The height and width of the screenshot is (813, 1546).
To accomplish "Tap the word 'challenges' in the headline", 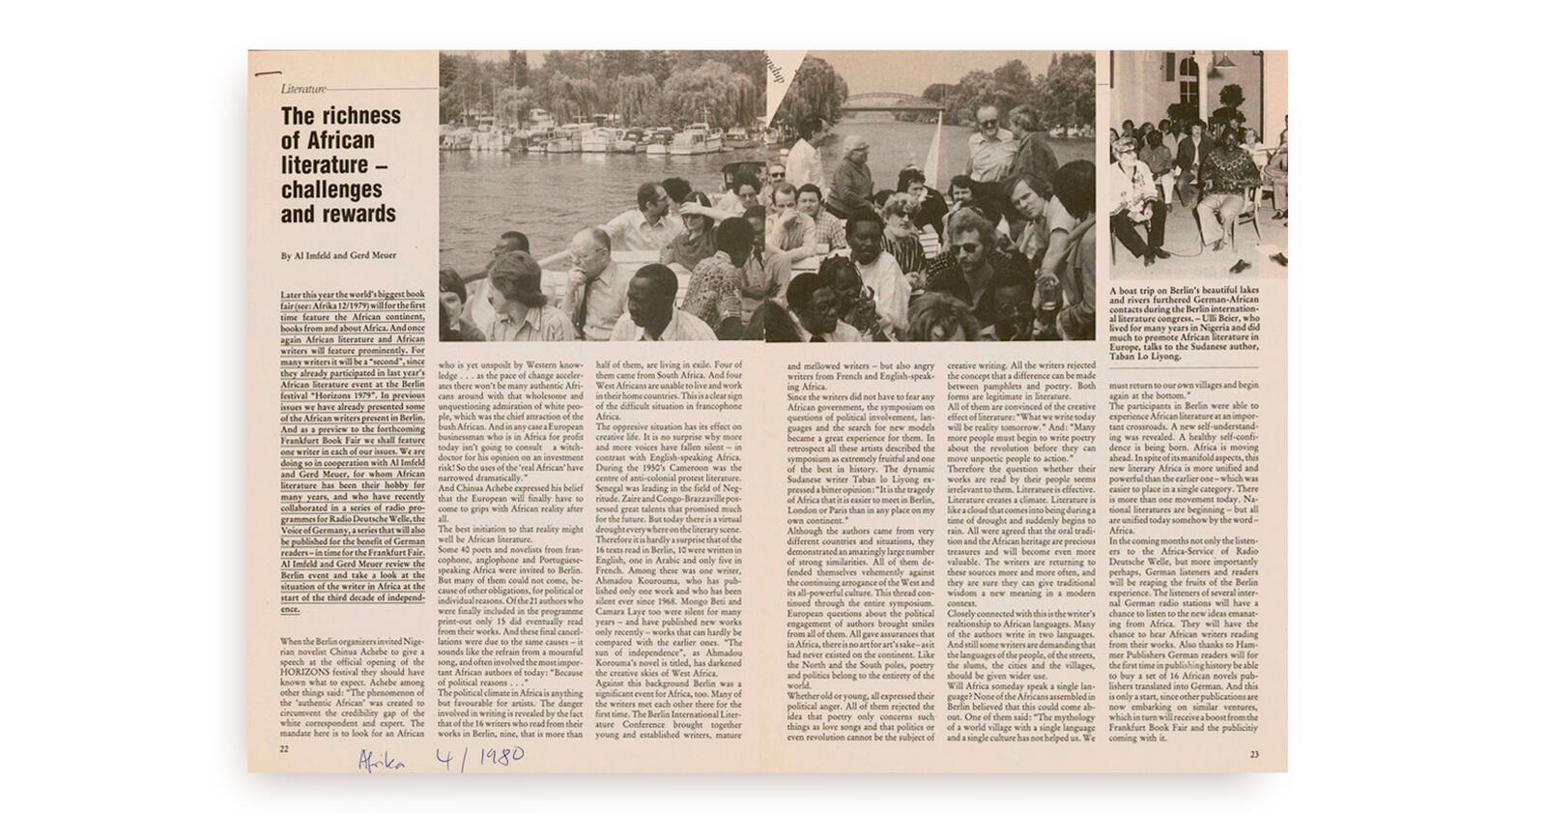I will pyautogui.click(x=331, y=189).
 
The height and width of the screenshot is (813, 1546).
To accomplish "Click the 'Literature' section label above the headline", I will pyautogui.click(x=303, y=89).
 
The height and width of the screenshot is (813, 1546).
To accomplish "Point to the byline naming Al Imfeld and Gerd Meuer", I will pyautogui.click(x=338, y=256).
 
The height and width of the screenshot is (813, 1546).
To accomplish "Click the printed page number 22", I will pyautogui.click(x=284, y=748).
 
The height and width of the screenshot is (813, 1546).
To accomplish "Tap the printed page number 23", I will pyautogui.click(x=1254, y=754).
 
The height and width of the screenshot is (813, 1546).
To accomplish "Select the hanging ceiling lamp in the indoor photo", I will pyautogui.click(x=1226, y=61).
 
